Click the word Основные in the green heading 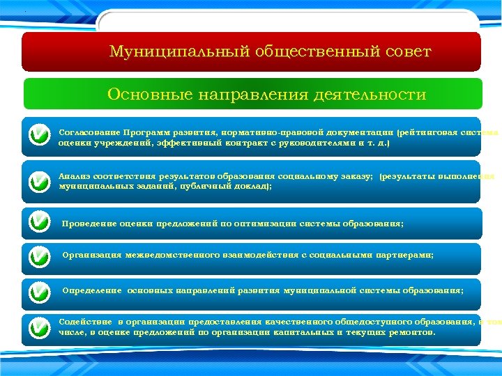point(145,94)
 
